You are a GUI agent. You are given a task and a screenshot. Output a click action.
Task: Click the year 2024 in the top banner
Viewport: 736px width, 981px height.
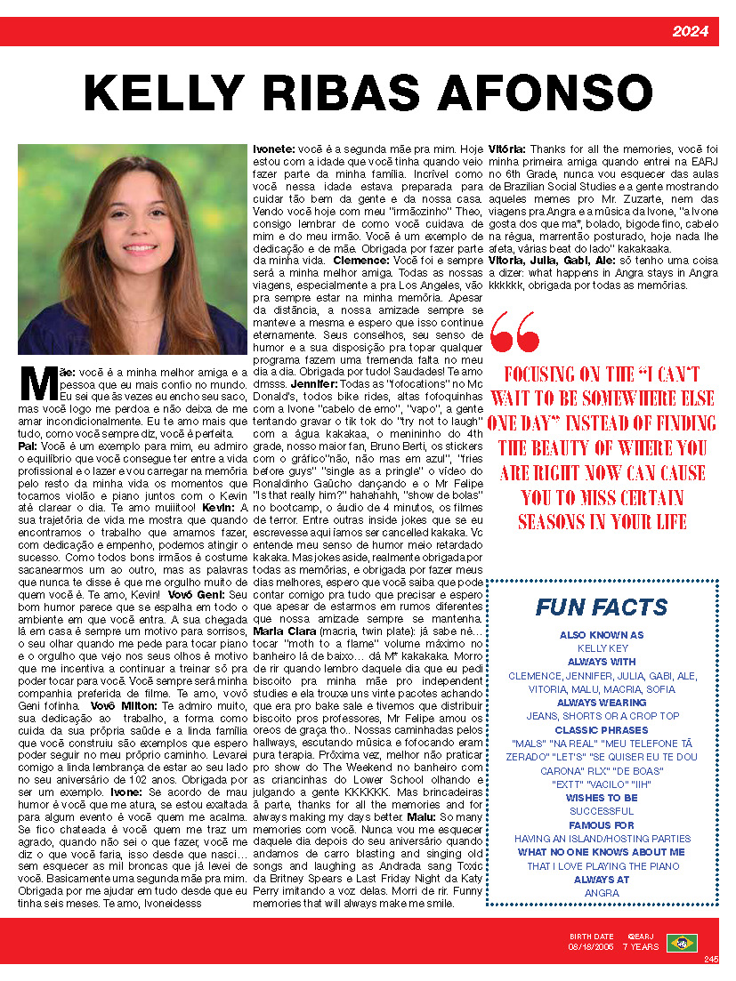(690, 32)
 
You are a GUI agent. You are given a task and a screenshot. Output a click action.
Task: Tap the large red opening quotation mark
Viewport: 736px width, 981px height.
(514, 331)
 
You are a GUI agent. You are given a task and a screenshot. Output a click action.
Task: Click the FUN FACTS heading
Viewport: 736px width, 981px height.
(601, 607)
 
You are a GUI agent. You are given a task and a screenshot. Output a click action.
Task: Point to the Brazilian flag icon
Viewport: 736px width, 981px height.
(682, 943)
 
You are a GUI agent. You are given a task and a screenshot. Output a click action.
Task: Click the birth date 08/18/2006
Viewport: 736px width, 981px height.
(591, 947)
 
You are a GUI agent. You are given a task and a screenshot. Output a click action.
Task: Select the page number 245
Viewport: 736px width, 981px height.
(710, 959)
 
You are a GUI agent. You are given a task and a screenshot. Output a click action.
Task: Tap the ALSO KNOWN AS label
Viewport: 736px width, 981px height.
(601, 635)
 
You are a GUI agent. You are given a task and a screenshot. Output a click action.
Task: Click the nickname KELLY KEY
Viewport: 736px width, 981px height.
(601, 648)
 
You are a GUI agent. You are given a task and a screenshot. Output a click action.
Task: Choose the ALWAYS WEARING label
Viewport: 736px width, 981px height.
(601, 703)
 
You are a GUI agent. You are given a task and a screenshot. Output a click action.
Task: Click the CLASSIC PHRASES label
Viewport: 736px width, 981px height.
(601, 729)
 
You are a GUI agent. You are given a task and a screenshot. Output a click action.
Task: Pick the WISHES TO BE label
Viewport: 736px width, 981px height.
(601, 798)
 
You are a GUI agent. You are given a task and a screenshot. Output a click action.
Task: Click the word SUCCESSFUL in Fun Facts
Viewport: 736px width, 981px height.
(601, 811)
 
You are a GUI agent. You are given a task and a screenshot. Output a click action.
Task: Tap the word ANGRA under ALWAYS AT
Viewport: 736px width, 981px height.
(601, 893)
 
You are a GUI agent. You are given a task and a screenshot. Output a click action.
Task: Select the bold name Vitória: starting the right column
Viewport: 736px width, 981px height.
(507, 148)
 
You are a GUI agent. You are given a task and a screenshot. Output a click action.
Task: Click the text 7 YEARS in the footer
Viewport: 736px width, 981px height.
(640, 947)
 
